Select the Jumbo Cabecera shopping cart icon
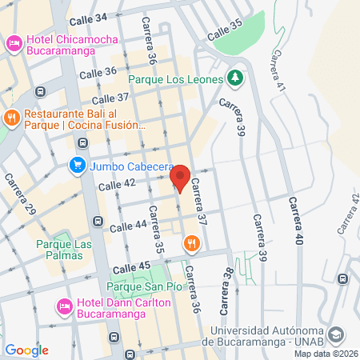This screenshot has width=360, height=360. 78,166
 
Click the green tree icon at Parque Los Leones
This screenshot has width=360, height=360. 234,78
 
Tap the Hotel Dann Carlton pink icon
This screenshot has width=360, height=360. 64,305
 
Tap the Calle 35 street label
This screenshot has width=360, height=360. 224,34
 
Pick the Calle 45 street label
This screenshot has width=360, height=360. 133,267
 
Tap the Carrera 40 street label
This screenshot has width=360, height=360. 297,222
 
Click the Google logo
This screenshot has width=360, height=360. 26,350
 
